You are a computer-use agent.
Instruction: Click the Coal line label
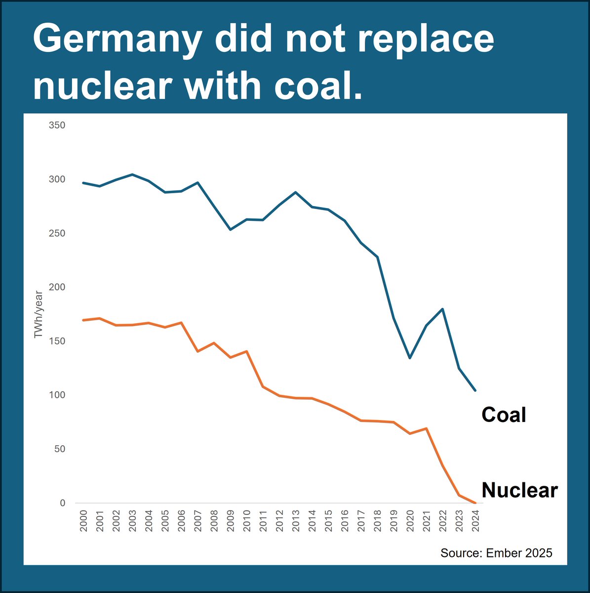(x=504, y=415)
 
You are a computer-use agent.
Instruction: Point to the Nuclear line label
(x=519, y=490)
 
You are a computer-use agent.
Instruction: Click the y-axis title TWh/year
(x=39, y=314)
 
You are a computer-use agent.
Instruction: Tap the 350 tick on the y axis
(x=57, y=126)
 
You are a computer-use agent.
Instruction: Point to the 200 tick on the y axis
(x=57, y=287)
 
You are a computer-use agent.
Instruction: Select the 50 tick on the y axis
(x=59, y=449)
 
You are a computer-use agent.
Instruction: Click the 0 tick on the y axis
(x=62, y=503)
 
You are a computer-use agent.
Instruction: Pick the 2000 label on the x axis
(x=83, y=521)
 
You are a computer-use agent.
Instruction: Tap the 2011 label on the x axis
(x=263, y=521)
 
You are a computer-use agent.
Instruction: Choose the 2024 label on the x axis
(x=475, y=521)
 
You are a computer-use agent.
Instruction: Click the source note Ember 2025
(x=496, y=552)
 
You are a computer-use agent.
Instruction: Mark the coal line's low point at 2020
(x=410, y=358)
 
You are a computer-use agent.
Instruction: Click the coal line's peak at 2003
(x=132, y=174)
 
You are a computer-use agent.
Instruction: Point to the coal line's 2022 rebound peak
(x=442, y=309)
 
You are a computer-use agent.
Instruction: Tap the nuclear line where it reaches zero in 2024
(x=475, y=503)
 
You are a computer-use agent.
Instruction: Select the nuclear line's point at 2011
(x=263, y=386)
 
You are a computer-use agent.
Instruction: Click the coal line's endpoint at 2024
(x=475, y=390)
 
